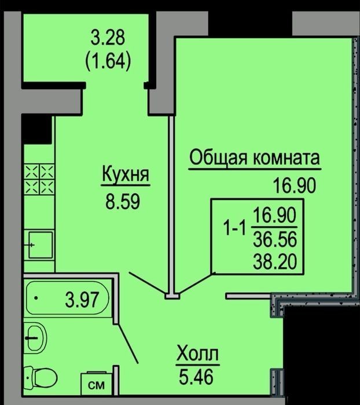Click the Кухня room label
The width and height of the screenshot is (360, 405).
point(126,174)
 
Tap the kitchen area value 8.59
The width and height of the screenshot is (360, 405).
point(123,201)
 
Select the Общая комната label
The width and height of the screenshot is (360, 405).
point(255,157)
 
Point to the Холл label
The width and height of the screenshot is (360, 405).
point(198,354)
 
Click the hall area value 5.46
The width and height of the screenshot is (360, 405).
point(196,377)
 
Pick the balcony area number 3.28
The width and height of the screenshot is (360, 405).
point(108,38)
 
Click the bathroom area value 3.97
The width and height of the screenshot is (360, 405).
point(82,300)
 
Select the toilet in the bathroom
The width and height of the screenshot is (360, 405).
point(41,377)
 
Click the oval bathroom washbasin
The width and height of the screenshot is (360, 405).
point(36,337)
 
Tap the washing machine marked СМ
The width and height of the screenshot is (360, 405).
point(96,385)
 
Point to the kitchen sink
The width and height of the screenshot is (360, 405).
point(40,245)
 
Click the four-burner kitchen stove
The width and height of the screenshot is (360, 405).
point(39,179)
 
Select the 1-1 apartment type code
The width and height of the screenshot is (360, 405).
point(234,229)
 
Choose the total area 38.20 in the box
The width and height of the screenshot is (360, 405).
point(275,262)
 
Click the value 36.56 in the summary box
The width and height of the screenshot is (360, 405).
point(275,239)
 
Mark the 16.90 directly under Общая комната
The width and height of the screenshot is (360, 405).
point(295,186)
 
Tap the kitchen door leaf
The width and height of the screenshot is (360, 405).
point(148,283)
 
